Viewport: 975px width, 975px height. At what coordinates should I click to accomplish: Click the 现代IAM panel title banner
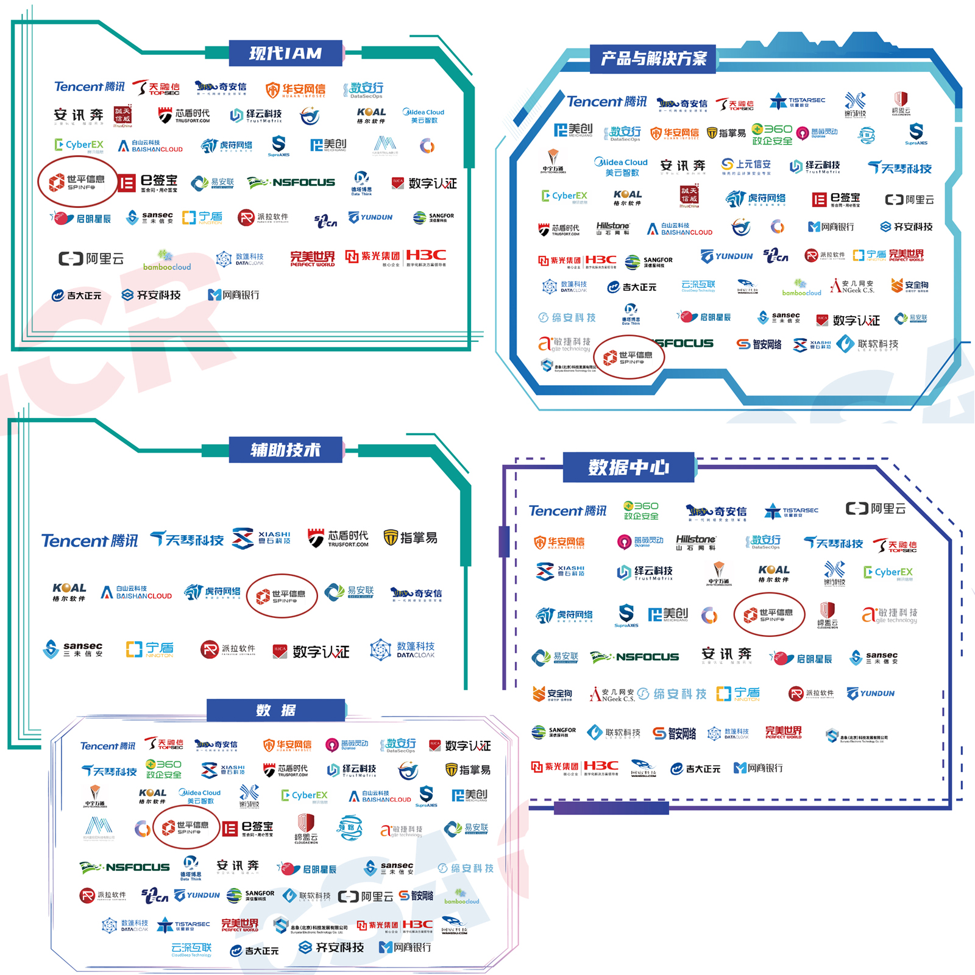285,54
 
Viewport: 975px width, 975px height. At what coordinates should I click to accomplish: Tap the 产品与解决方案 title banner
653,58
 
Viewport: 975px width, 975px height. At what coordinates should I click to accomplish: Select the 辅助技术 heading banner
285,450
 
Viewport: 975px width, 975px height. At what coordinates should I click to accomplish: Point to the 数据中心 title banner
628,467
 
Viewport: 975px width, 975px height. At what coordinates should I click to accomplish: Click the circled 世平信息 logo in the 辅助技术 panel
282,596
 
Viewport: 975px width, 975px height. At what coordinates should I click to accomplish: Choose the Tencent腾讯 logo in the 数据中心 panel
567,511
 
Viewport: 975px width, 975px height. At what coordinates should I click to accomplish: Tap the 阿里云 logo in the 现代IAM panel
91,259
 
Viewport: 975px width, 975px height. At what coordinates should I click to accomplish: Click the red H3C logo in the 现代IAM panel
426,255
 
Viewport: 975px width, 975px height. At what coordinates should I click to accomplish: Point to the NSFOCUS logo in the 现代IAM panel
291,182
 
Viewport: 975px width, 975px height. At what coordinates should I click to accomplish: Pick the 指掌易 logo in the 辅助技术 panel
410,537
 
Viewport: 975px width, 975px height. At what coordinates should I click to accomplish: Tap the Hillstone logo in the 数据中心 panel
696,542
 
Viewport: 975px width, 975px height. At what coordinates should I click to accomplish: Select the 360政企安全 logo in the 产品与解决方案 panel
772,134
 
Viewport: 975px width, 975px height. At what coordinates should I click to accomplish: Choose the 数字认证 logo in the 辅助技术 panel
311,651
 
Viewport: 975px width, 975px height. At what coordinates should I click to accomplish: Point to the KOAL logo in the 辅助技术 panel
69,591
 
